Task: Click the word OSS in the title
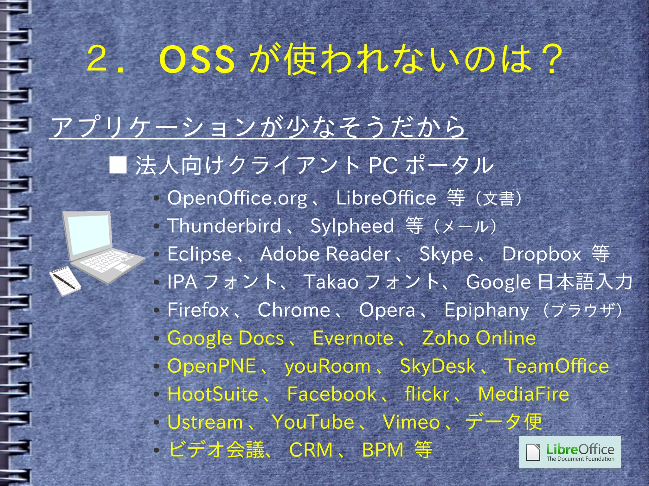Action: coord(197,59)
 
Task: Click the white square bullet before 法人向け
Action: coord(118,165)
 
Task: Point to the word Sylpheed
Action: coord(352,226)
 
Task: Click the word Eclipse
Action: coord(200,254)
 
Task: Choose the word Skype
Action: coord(446,254)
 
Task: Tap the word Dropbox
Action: coord(542,254)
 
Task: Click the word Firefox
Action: coord(198,310)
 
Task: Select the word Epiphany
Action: coord(486,310)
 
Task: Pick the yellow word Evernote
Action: coord(353,338)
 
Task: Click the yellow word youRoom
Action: coord(328,366)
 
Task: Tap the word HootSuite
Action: coord(213,394)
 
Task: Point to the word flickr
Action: coord(427,394)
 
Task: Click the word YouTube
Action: coord(313,422)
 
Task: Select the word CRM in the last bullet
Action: coord(311,450)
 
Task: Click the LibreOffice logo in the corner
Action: coord(569,452)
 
